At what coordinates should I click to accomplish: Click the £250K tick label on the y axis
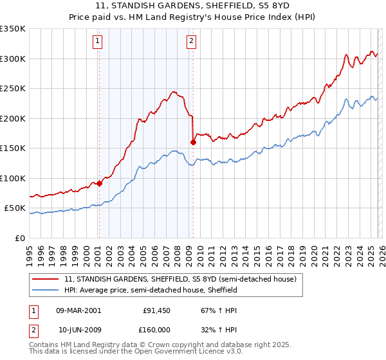13,89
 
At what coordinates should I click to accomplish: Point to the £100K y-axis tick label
13,178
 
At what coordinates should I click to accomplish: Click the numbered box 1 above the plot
98,42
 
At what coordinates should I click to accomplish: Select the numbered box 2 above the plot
192,42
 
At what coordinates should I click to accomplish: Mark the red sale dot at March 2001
99,183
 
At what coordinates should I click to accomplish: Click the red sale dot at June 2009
193,143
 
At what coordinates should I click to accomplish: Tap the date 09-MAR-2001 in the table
78,310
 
